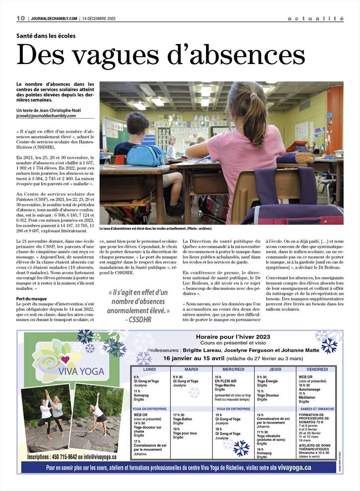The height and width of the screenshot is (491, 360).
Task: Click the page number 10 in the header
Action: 21,18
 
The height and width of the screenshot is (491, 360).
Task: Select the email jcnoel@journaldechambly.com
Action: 46,116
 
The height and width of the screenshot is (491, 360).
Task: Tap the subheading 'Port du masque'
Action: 32,298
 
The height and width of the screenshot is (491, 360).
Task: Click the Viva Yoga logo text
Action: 80,371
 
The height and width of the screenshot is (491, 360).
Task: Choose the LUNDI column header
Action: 149,369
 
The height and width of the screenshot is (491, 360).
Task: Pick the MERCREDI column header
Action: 233,369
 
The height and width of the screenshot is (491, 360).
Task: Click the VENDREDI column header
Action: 317,369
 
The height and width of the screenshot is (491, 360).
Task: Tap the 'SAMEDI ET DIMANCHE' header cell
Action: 317,409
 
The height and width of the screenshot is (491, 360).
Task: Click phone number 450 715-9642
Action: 63,456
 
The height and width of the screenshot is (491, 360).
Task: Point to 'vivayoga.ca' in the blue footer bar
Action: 294,468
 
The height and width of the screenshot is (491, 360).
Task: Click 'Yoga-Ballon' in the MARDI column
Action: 182,419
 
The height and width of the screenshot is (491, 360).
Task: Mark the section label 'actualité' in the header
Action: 315,18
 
